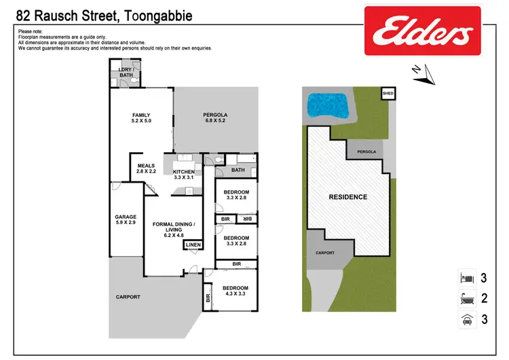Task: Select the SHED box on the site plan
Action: coord(388,94)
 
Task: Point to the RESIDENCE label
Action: coord(347,198)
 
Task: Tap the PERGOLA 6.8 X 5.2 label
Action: coord(215,119)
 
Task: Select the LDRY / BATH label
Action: coord(125,73)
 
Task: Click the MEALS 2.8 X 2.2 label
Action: coord(146,168)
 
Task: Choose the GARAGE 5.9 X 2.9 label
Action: coord(126,220)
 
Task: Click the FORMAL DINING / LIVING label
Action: coord(174,229)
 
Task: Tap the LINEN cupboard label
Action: coord(193,245)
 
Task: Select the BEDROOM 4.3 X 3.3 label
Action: coord(235,291)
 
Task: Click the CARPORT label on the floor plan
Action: coord(128,297)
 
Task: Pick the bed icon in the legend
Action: coord(465,278)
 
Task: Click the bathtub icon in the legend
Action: coord(465,298)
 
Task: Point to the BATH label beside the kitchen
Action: coord(238,170)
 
